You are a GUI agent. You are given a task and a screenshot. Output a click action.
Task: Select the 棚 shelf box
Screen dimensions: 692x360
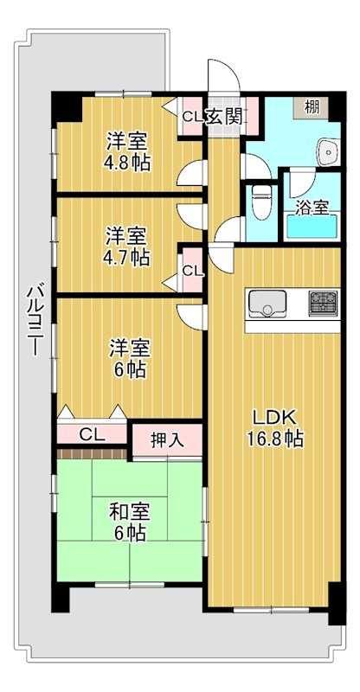pyautogui.click(x=312, y=107)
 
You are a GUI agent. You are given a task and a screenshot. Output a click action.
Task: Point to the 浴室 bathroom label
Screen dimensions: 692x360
pyautogui.click(x=312, y=208)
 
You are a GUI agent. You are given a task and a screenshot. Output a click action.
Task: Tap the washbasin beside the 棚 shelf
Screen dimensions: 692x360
pyautogui.click(x=329, y=152)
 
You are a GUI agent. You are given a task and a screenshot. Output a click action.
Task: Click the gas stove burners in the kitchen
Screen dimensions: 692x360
pyautogui.click(x=323, y=303)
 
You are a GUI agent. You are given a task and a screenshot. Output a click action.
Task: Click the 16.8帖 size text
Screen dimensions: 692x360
pyautogui.click(x=271, y=439)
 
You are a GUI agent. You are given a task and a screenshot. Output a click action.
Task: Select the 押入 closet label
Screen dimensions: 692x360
pyautogui.click(x=167, y=439)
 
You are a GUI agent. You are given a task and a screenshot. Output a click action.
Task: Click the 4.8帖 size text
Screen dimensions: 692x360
pyautogui.click(x=127, y=162)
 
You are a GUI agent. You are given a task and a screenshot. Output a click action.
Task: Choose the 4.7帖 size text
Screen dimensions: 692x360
pyautogui.click(x=127, y=257)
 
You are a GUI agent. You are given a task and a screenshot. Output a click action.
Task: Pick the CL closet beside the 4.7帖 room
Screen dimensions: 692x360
pyautogui.click(x=191, y=271)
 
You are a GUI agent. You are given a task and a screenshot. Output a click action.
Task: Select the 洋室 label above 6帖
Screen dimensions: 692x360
pyautogui.click(x=127, y=349)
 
